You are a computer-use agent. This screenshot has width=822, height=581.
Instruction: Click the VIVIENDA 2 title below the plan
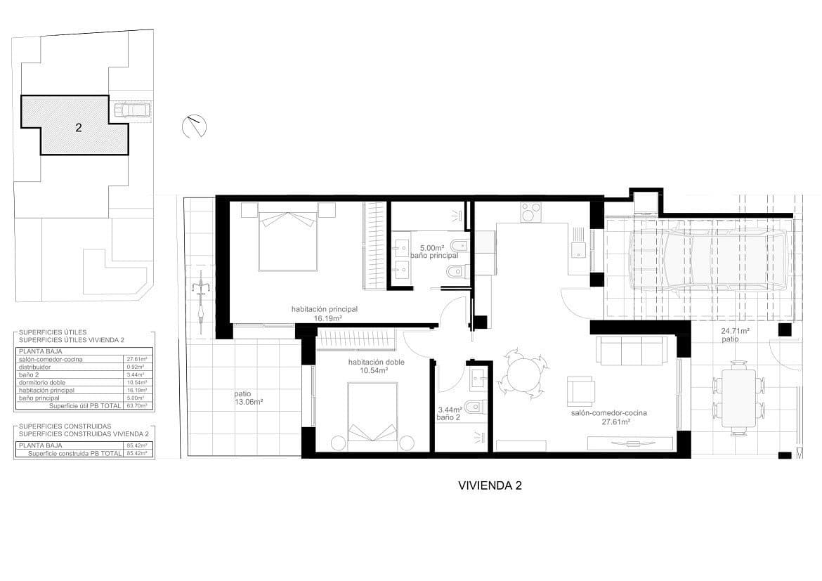[490, 485]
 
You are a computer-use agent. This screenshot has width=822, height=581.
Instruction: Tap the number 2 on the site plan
[79, 128]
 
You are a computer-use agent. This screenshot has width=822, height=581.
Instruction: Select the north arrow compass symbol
[194, 126]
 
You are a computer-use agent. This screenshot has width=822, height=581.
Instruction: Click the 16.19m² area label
[327, 318]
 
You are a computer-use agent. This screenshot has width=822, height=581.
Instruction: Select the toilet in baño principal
[457, 247]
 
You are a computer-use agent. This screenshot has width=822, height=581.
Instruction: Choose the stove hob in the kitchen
[530, 211]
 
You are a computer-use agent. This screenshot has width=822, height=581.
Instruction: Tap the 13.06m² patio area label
[249, 403]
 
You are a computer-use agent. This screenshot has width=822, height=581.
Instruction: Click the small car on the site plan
[132, 110]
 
